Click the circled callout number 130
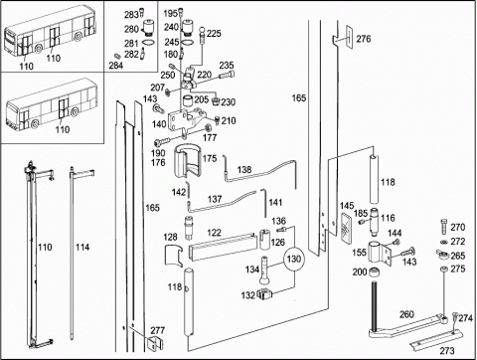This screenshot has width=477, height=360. pos(293,259)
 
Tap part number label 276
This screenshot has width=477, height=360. pos(364,39)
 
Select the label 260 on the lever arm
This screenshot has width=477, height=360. pos(406,314)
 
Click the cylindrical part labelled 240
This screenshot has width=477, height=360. pos(189,27)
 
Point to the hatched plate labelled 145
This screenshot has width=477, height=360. pos(347,225)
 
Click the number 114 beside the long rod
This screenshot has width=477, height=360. pos(82,247)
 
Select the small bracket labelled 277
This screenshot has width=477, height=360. pos(154,344)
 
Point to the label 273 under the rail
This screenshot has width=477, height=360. pos(447,350)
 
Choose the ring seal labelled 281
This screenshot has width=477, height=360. pos(149,43)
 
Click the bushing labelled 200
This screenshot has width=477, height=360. pos(375,272)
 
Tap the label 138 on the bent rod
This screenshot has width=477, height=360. pos(244,170)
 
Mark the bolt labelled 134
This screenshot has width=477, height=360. pos(264,270)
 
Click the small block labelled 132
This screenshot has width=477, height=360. pos(265,293)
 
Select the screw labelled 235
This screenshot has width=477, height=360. pos(227,75)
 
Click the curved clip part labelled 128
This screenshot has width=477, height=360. pos(174,256)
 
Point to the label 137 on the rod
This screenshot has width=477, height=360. pos(215,199)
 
